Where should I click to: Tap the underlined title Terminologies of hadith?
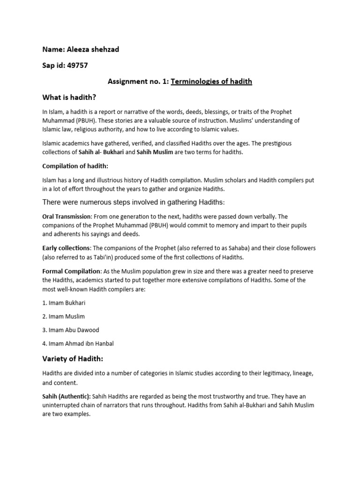click(x=211, y=82)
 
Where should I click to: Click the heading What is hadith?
click(x=72, y=97)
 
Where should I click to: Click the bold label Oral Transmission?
click(x=67, y=217)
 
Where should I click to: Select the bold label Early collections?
click(x=66, y=248)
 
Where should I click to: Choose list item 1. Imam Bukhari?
click(x=64, y=303)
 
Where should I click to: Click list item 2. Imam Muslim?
click(x=63, y=316)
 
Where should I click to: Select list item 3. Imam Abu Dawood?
click(x=70, y=330)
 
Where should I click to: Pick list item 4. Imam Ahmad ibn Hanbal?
click(x=78, y=344)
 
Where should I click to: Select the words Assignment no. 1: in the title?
click(x=138, y=82)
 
